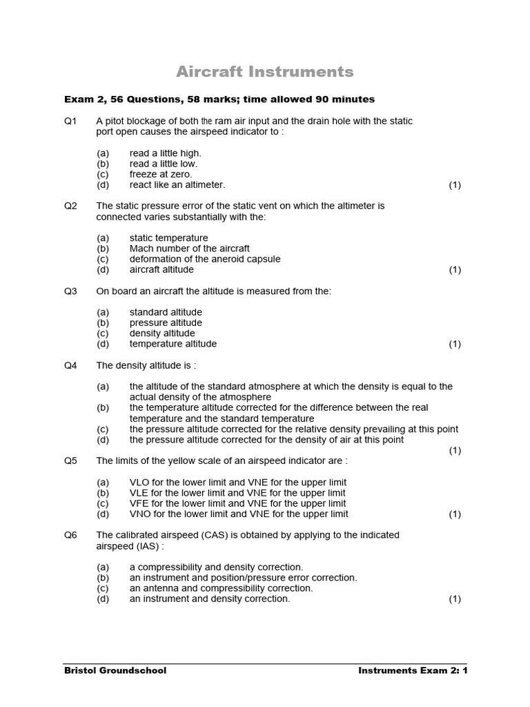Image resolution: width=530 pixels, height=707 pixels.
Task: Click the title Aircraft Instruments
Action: tap(265, 72)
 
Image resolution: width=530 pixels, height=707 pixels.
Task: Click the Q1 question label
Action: tap(70, 121)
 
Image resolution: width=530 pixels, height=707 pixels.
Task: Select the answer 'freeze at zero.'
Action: tap(161, 175)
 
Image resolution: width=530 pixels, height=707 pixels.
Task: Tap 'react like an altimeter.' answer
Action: tap(177, 185)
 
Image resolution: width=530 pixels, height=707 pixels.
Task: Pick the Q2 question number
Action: tap(70, 206)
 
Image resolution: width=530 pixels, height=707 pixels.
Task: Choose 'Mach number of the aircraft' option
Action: tap(190, 249)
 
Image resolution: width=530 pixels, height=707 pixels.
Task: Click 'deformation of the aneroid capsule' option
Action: tap(205, 259)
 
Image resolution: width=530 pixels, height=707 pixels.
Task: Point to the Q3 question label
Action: tap(70, 291)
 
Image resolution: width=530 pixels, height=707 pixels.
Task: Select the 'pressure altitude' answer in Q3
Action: tap(166, 322)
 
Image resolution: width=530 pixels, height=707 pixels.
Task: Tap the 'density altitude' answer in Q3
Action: tap(162, 333)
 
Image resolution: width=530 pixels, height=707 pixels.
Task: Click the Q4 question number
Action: tap(70, 365)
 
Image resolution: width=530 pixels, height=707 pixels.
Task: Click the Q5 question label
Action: tap(70, 461)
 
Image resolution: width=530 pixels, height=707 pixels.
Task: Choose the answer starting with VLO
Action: tap(238, 482)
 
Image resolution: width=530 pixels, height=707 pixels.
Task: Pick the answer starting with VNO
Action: tap(239, 514)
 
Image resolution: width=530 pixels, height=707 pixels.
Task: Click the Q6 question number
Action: tap(70, 535)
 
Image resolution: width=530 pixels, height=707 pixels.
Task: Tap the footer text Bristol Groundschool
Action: tap(115, 670)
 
